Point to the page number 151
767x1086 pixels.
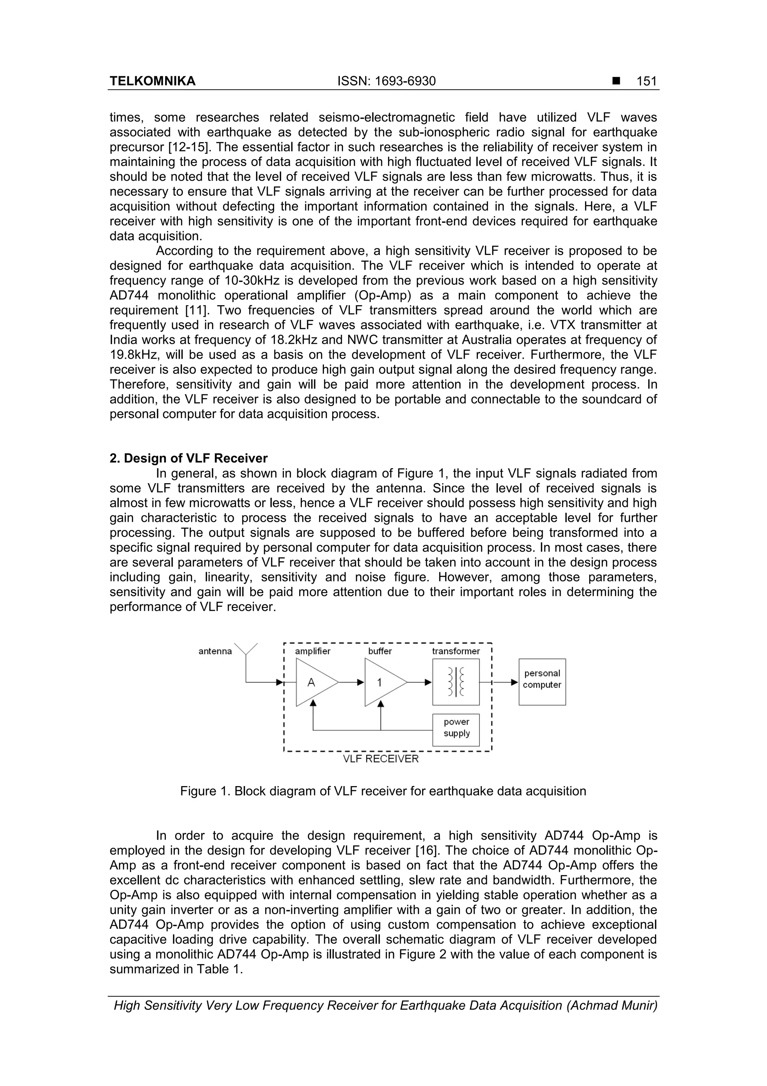pyautogui.click(x=646, y=81)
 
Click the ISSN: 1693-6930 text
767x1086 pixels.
pyautogui.click(x=386, y=81)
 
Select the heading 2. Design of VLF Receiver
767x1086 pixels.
pyautogui.click(x=188, y=458)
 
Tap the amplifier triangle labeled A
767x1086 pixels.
pyautogui.click(x=314, y=683)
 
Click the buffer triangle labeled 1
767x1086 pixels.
pyautogui.click(x=382, y=683)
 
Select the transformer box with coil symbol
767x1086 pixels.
pyautogui.click(x=455, y=682)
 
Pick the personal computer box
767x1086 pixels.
pyautogui.click(x=542, y=682)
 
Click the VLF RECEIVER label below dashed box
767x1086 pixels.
pyautogui.click(x=381, y=759)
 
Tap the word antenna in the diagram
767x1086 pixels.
pyautogui.click(x=215, y=651)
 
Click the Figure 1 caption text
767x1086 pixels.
pyautogui.click(x=383, y=791)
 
